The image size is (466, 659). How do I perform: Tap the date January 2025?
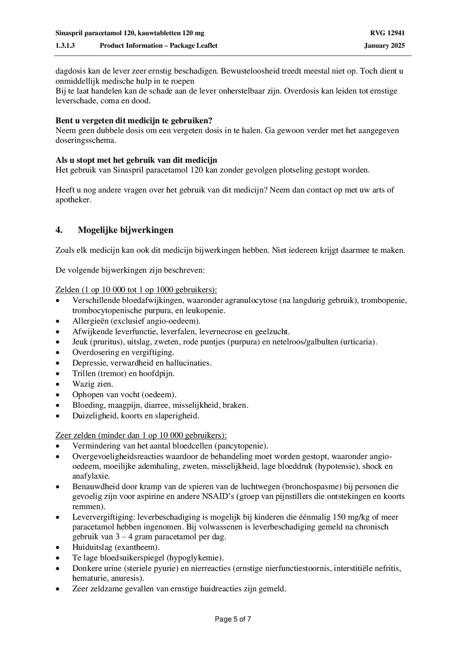[x=384, y=46]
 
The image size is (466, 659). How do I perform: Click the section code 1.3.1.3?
[x=65, y=46]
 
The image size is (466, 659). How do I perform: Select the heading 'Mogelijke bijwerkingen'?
[x=125, y=230]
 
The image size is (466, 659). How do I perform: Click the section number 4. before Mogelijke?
[x=59, y=230]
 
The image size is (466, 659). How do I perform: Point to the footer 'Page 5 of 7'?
[x=233, y=619]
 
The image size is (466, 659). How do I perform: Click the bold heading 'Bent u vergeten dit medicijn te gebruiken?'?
[x=134, y=120]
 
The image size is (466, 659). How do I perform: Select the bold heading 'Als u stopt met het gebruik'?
[x=136, y=160]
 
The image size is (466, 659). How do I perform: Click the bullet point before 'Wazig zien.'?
[x=58, y=384]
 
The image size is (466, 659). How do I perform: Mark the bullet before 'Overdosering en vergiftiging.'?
[x=58, y=353]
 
